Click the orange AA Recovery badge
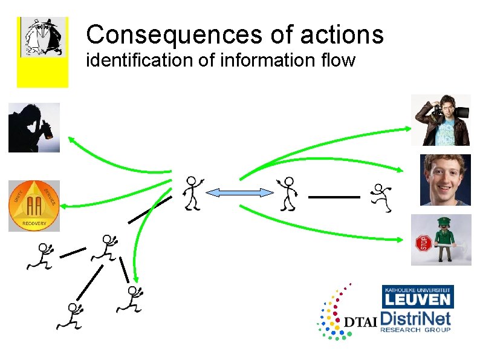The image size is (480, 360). coord(34,206)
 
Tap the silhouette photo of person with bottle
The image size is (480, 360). coord(34,127)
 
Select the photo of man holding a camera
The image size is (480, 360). coord(445,120)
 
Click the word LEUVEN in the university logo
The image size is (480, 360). coord(418,299)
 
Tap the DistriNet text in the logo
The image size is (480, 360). coord(416,318)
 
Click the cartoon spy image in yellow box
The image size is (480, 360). coord(42,38)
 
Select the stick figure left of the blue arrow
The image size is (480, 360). coord(193,193)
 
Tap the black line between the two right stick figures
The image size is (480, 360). coord(334,197)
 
